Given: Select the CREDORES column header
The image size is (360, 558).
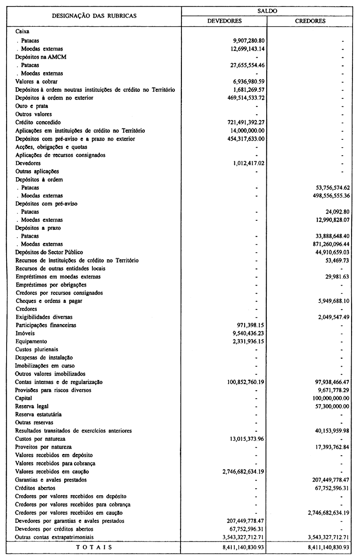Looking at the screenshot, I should [x=310, y=21].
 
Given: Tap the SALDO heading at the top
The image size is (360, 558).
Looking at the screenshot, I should [x=268, y=10].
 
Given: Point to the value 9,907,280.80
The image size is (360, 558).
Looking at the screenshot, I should [x=245, y=41].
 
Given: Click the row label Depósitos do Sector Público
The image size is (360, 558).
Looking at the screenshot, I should [x=48, y=252].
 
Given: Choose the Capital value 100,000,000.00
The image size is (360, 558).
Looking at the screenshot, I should [x=328, y=398].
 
